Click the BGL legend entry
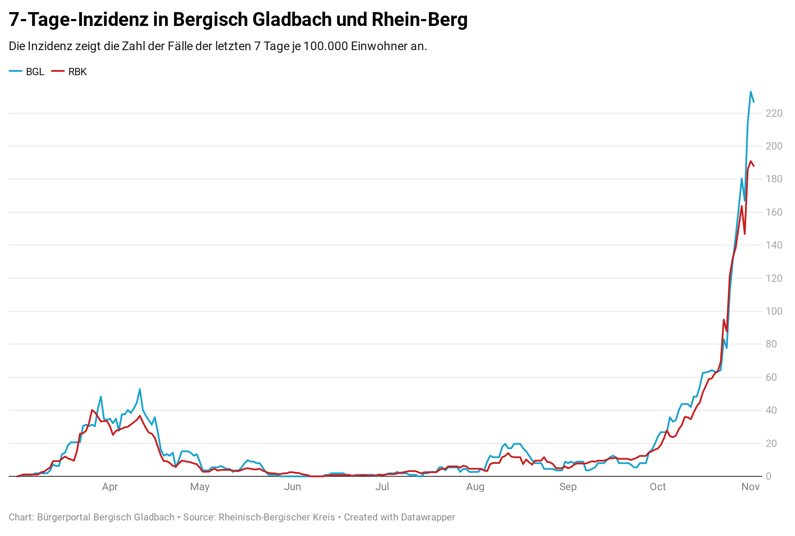coord(27,72)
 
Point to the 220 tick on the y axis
coord(774,113)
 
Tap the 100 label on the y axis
coord(774,311)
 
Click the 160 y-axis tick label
coord(774,212)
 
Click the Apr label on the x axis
coord(110,487)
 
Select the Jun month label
coord(293,487)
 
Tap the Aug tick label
coord(475,487)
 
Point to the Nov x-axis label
coord(750,487)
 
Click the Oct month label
coord(658,487)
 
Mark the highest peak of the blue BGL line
coord(750,92)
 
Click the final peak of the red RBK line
coord(750,161)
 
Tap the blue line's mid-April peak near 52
coord(140,389)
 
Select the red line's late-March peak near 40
coord(92,410)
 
